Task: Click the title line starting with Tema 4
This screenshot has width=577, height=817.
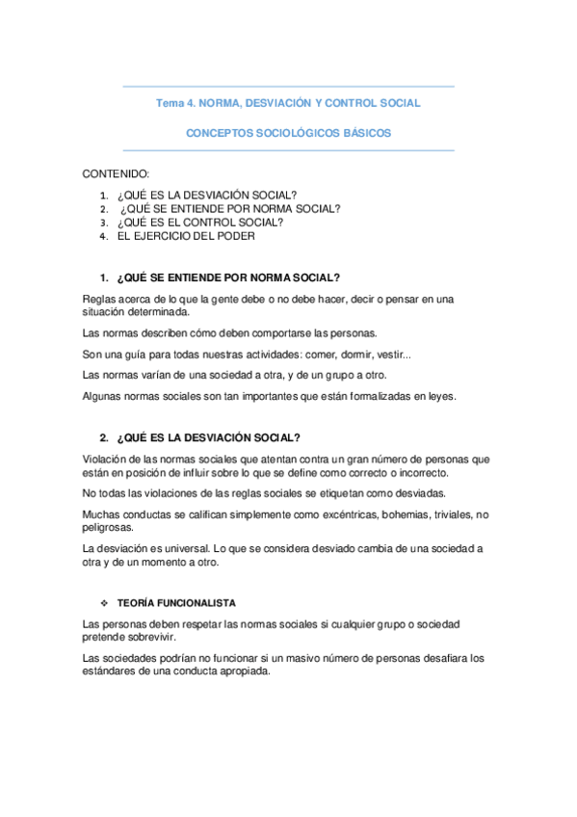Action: [x=288, y=102]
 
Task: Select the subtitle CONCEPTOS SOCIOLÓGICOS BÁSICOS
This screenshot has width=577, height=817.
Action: [x=288, y=134]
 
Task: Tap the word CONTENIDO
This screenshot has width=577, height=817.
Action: [x=115, y=173]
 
